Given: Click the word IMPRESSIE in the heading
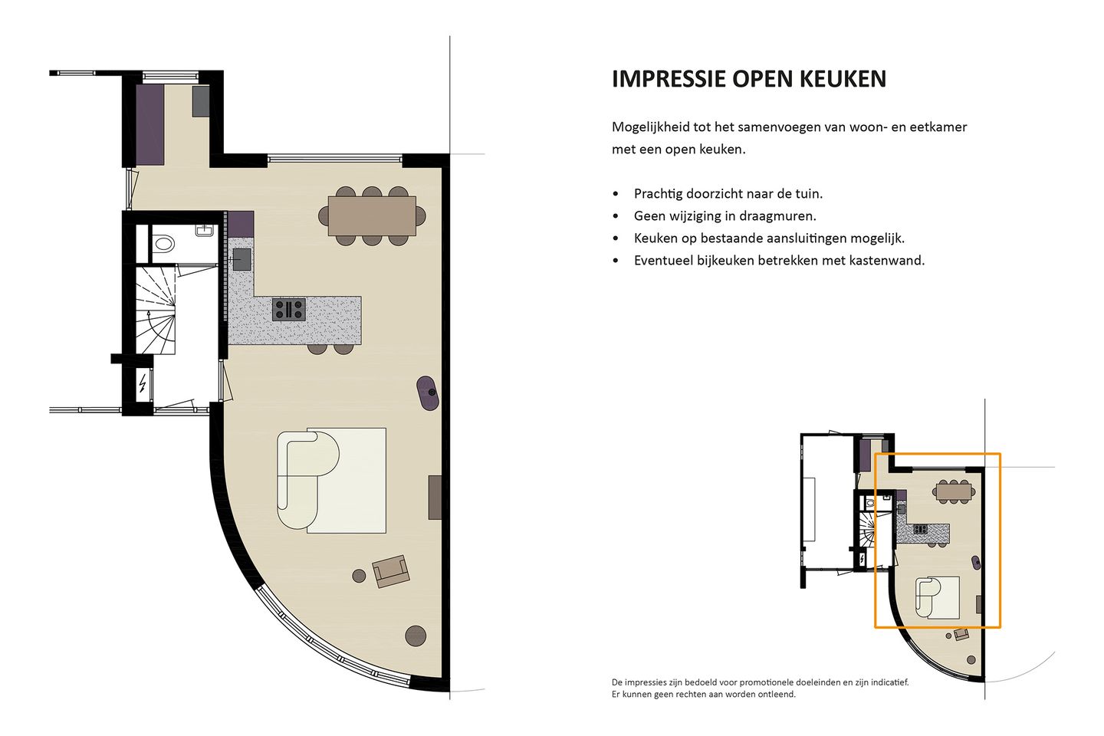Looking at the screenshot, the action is pos(669,79).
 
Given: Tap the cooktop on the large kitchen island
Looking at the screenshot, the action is pos(289,310).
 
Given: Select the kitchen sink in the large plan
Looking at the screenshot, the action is pos(242,259).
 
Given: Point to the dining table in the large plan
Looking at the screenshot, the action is pos(372,216).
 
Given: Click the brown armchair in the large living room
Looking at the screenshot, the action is pos(391,571).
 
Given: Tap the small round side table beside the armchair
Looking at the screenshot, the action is pos(359,575).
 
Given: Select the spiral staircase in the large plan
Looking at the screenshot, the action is pos(155,310).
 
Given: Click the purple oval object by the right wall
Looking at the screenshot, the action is pos(428,393).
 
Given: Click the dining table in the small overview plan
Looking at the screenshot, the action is pos(955,491).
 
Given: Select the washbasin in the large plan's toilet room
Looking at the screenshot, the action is pos(205,230).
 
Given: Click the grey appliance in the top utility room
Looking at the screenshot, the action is pos(201,101).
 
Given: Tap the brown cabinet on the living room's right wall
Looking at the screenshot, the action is pos(435,498).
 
